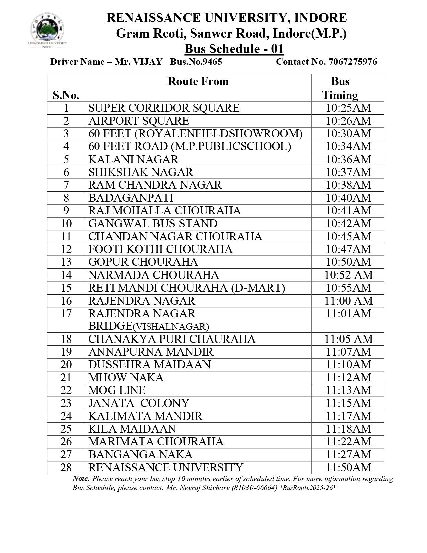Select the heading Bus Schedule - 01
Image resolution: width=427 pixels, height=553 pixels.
click(234, 49)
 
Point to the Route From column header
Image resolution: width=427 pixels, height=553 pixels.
click(198, 81)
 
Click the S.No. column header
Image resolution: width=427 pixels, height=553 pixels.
click(66, 95)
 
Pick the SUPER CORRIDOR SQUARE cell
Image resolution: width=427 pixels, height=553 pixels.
click(164, 108)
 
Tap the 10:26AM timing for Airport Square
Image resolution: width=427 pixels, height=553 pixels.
click(348, 121)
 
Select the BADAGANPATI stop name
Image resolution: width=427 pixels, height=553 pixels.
click(131, 198)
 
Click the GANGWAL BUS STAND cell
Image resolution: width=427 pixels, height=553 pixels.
click(153, 224)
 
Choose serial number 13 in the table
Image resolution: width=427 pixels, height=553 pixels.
click(66, 262)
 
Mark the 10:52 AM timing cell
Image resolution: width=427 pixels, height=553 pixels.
click(348, 275)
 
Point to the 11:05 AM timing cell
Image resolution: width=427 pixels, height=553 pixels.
click(348, 339)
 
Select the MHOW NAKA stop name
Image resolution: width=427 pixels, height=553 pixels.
click(126, 378)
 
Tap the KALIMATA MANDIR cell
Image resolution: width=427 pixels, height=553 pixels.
click(145, 416)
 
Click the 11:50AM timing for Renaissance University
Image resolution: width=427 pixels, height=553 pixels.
click(348, 468)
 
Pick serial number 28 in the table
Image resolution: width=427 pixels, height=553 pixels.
click(66, 468)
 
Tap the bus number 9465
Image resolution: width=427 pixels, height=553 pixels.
click(211, 62)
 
